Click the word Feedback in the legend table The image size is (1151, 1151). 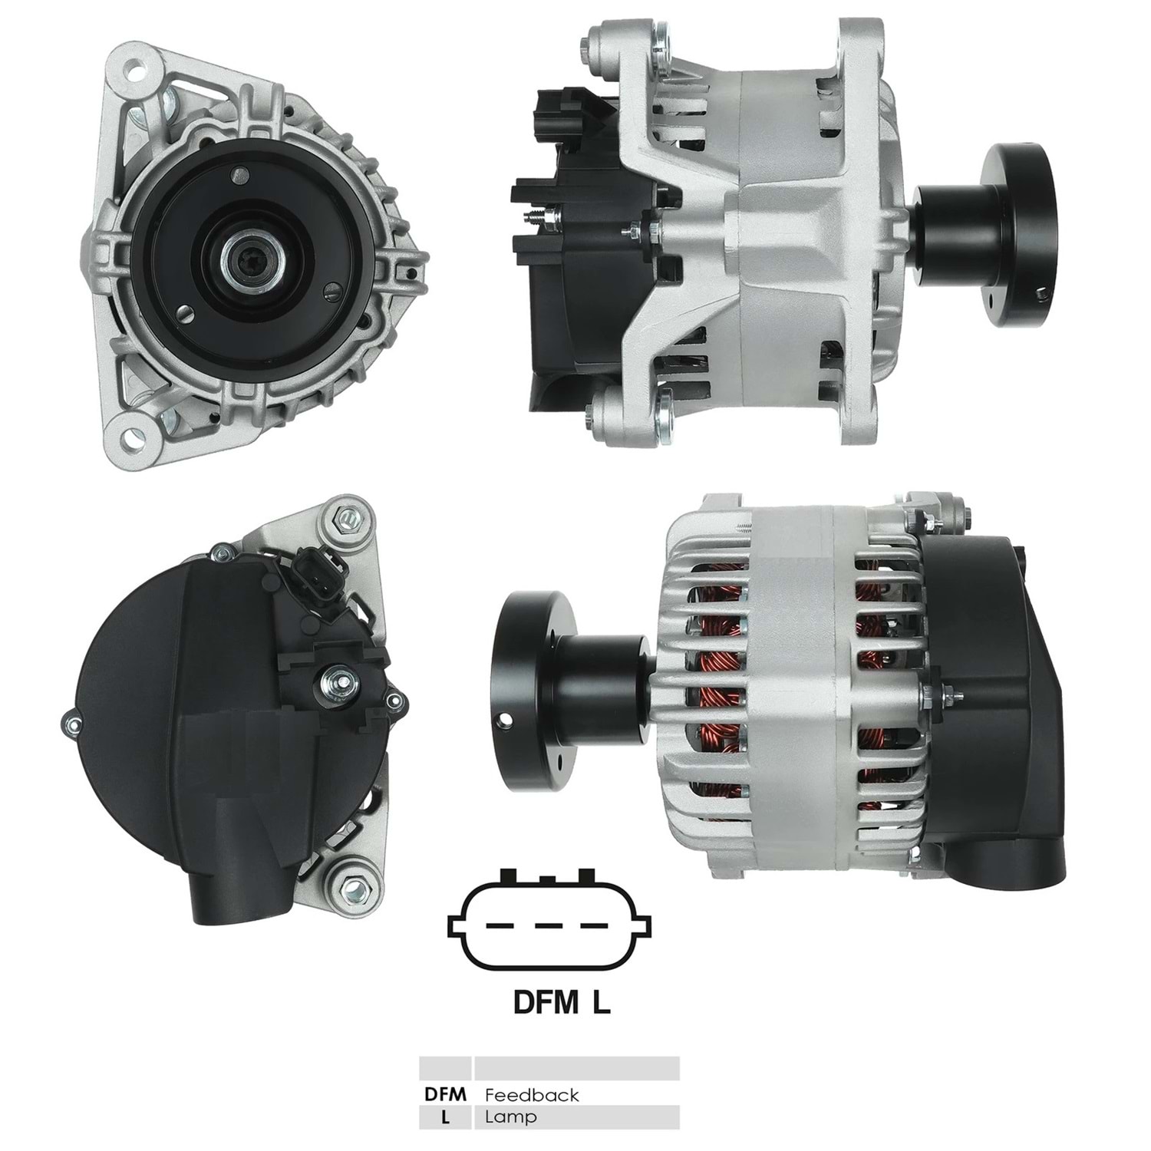click(x=531, y=1094)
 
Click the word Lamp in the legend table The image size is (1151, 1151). click(x=510, y=1117)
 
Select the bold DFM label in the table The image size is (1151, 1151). click(x=445, y=1094)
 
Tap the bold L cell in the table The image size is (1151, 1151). click(x=445, y=1117)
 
